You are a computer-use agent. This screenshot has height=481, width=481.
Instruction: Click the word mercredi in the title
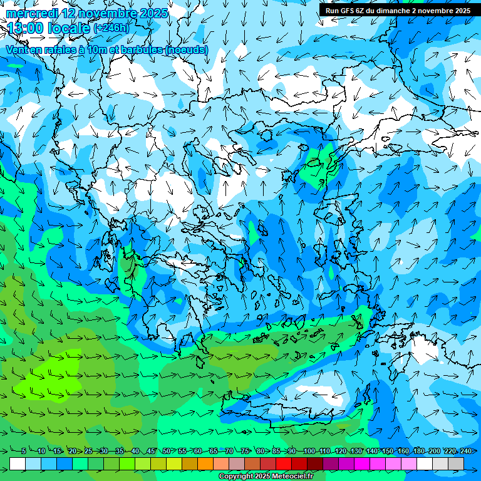[x=31, y=13]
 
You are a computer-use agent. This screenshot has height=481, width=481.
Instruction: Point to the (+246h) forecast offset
[x=111, y=28]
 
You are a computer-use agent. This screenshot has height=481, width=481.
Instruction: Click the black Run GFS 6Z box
[x=399, y=11]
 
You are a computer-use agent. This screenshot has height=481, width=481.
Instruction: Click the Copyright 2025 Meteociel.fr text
[x=266, y=477]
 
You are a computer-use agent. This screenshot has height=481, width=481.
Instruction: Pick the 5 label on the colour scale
[x=24, y=452]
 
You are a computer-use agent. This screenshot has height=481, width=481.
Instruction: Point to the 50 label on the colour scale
[x=167, y=452]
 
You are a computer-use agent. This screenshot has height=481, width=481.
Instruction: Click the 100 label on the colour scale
[x=309, y=452]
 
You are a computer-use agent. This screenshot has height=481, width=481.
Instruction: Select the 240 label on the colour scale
[x=465, y=452]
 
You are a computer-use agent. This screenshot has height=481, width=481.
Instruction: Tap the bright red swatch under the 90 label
[x=284, y=463]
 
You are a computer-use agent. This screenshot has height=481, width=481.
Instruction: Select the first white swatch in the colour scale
[x=18, y=463]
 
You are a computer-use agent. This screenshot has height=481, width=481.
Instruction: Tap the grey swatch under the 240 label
[x=456, y=463]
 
